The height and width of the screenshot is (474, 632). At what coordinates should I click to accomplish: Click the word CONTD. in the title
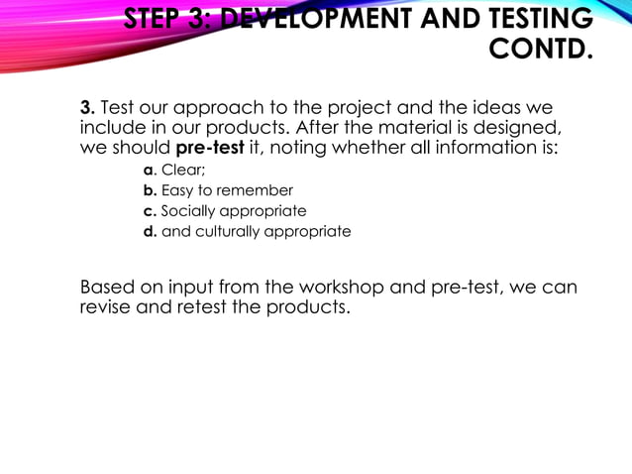[x=541, y=48]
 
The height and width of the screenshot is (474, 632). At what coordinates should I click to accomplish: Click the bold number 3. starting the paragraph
[x=87, y=107]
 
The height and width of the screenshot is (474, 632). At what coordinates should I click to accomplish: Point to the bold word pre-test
[x=209, y=149]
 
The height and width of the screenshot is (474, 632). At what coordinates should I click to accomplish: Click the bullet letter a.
[x=149, y=169]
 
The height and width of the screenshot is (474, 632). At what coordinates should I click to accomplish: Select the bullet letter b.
[x=150, y=189]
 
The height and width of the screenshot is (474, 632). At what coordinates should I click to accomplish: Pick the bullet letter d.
[x=150, y=231]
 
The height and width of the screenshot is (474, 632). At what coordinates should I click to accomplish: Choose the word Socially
[x=192, y=210]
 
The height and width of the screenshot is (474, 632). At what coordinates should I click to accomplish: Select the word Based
[x=107, y=288]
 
